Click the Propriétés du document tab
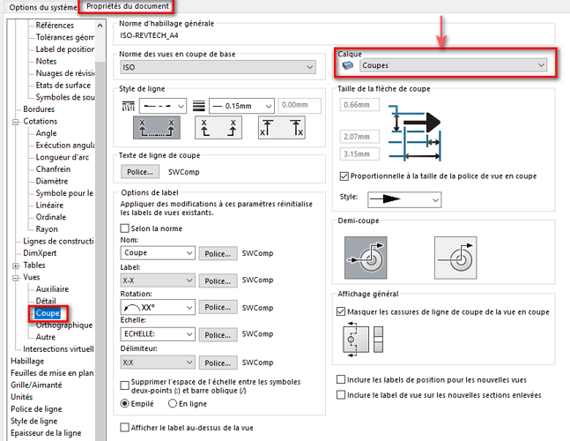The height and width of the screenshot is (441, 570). pyautogui.click(x=127, y=6)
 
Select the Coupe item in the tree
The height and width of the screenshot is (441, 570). pyautogui.click(x=48, y=313)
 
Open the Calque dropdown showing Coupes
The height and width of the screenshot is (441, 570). pyautogui.click(x=454, y=65)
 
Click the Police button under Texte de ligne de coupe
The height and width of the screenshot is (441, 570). pyautogui.click(x=140, y=172)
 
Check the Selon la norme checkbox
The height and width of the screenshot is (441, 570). pyautogui.click(x=125, y=228)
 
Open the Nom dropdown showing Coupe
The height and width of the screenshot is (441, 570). pyautogui.click(x=158, y=252)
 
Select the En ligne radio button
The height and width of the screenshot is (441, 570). pyautogui.click(x=173, y=404)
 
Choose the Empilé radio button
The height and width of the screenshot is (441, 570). pyautogui.click(x=125, y=404)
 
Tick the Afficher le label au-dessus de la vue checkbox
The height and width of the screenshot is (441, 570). pyautogui.click(x=125, y=427)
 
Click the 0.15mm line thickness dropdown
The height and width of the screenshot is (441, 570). pyautogui.click(x=241, y=106)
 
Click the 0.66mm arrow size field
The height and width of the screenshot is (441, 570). pyautogui.click(x=359, y=105)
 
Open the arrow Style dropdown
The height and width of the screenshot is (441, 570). pyautogui.click(x=404, y=199)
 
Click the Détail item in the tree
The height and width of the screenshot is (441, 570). pyautogui.click(x=46, y=301)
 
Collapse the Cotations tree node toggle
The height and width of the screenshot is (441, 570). pyautogui.click(x=16, y=122)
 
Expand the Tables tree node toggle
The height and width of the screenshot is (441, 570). pyautogui.click(x=16, y=266)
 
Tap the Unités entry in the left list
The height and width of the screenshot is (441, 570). pyautogui.click(x=22, y=397)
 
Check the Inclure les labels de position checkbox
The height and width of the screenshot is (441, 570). pyautogui.click(x=341, y=379)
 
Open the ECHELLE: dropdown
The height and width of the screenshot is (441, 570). pyautogui.click(x=158, y=333)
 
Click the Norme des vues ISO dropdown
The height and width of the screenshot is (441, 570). pyautogui.click(x=218, y=67)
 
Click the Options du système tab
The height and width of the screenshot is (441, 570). pyautogui.click(x=43, y=7)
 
